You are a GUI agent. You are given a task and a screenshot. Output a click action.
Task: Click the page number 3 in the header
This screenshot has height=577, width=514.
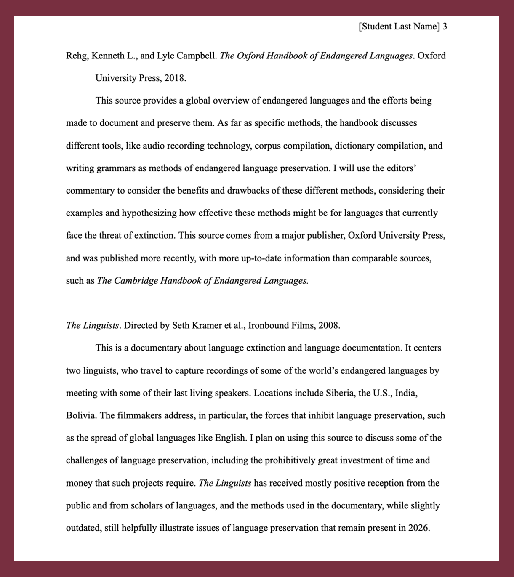click(445, 27)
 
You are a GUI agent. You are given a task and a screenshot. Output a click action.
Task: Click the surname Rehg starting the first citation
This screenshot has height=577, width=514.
click(76, 56)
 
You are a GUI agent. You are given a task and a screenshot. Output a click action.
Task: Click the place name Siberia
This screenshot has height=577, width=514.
click(340, 393)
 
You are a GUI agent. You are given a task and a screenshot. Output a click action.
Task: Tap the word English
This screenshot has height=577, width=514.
click(230, 438)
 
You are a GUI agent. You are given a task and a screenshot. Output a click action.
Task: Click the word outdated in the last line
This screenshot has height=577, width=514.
click(83, 528)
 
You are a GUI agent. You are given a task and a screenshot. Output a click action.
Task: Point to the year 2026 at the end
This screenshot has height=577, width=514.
click(418, 528)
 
